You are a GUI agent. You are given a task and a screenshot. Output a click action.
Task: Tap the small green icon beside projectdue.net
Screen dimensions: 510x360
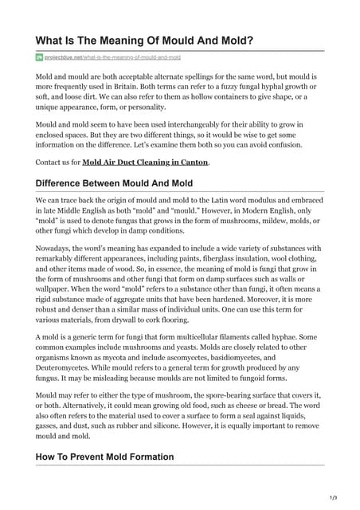pos(39,58)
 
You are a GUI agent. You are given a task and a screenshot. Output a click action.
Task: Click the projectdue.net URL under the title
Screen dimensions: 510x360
pos(112,58)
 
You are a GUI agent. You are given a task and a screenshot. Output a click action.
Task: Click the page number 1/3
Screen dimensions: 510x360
pos(333,498)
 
